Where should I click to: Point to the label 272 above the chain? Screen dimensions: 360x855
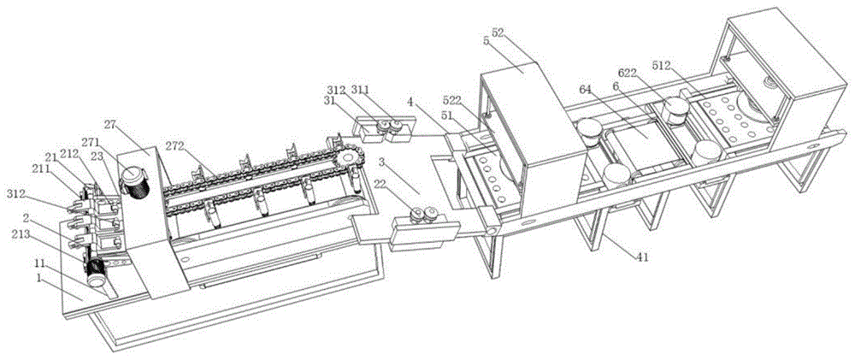(201, 147)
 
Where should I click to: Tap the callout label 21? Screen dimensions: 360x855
(51, 156)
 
